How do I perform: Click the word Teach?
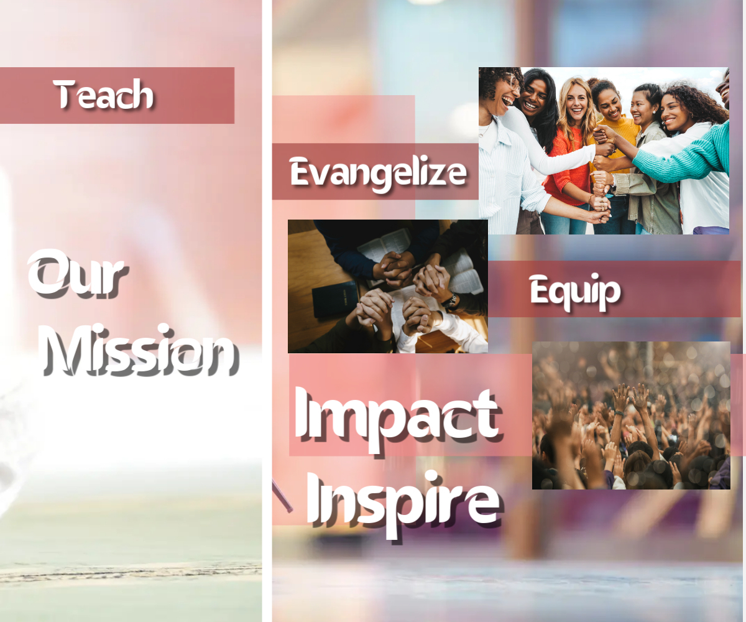[x=103, y=94]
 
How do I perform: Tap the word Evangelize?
[x=379, y=174]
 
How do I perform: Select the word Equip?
[x=575, y=292]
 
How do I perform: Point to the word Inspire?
[x=403, y=503]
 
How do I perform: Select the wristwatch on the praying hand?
[x=451, y=301]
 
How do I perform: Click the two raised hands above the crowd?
[x=630, y=397]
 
